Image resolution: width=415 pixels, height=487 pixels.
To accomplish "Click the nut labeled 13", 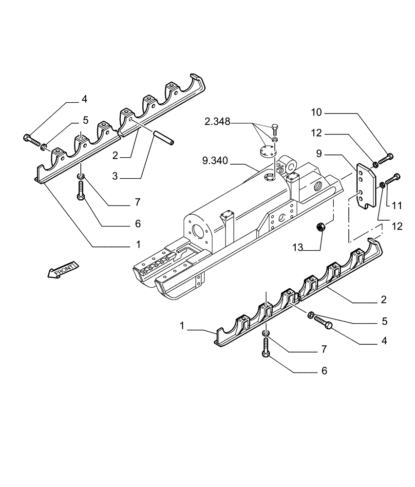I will click(321, 226).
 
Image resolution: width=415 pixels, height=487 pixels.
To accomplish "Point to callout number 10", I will click(316, 113).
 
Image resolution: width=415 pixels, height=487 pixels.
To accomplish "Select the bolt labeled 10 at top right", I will click(387, 158).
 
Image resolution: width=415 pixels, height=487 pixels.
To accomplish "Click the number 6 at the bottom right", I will click(324, 371).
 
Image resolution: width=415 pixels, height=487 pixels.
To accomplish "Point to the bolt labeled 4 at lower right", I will click(323, 323).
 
